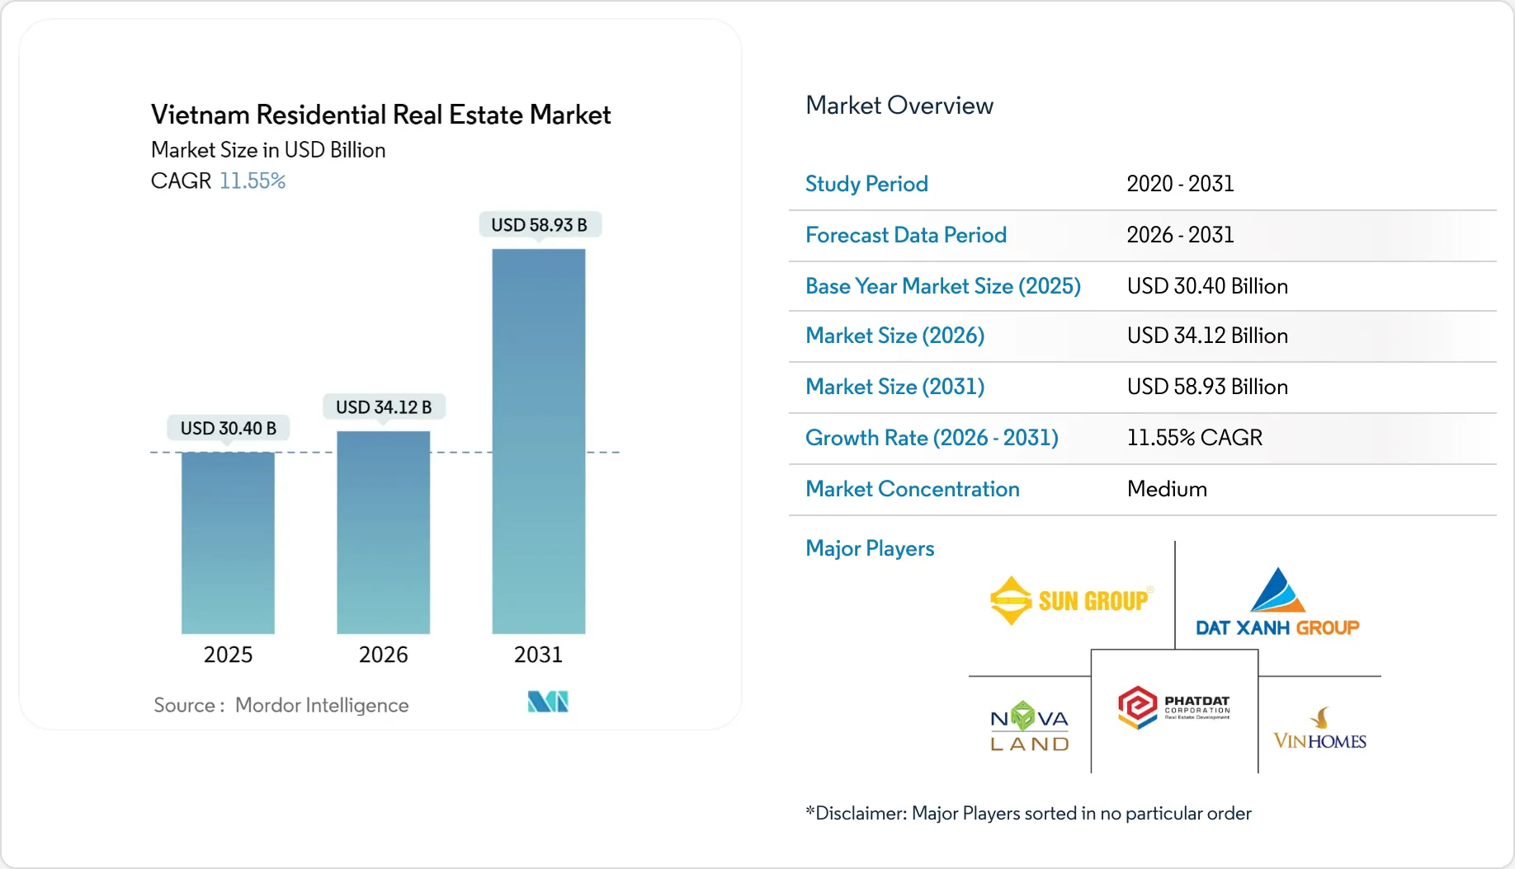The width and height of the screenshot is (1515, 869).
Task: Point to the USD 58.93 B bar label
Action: click(x=540, y=225)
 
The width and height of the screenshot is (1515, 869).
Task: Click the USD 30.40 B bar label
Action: click(x=229, y=428)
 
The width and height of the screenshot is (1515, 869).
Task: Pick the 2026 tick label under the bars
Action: click(x=383, y=655)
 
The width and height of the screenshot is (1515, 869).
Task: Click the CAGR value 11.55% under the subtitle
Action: click(x=252, y=181)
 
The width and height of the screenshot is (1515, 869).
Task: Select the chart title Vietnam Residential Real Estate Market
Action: click(x=380, y=115)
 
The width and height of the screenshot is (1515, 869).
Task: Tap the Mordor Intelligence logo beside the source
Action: click(x=548, y=702)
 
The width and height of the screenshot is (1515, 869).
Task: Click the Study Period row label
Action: click(x=866, y=184)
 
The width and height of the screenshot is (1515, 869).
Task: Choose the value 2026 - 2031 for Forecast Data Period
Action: click(x=1180, y=235)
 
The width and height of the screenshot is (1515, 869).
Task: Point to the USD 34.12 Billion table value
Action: click(x=1207, y=336)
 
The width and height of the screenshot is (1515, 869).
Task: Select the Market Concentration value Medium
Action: click(x=1167, y=489)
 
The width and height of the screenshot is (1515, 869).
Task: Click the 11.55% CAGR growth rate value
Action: click(x=1194, y=438)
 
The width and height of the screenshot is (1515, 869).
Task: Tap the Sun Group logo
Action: click(x=1070, y=600)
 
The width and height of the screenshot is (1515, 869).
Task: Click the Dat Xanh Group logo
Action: click(x=1277, y=603)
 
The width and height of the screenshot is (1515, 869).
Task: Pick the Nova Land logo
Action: click(x=1029, y=726)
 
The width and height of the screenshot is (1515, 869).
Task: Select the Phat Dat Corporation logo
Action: click(x=1173, y=707)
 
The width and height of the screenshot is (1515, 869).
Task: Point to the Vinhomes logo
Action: click(x=1319, y=729)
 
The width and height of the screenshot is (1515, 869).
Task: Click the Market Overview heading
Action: click(x=899, y=106)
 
